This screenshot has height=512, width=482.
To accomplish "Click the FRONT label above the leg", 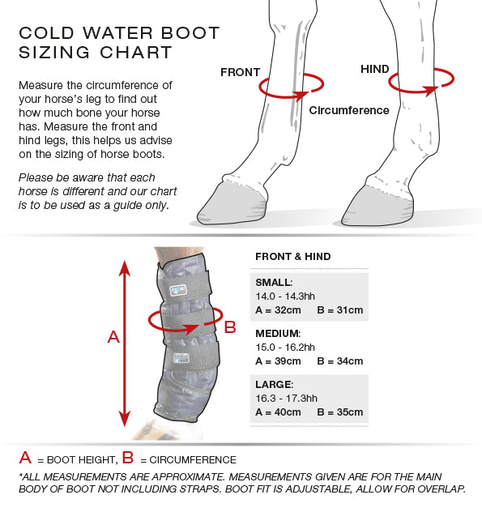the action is [240, 72].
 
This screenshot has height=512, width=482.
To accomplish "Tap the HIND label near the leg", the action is [375, 69].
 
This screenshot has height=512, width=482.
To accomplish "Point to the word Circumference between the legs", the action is [349, 110].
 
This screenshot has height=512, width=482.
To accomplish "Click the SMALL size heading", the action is [274, 283].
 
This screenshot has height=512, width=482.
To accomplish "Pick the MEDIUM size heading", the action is [278, 334].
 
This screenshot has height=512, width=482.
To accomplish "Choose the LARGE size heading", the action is [275, 384].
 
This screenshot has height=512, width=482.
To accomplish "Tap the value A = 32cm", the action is [278, 310].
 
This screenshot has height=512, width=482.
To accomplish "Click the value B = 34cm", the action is [340, 361].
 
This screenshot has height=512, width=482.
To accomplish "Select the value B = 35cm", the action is [340, 412].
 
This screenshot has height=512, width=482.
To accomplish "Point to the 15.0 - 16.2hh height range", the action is [285, 347].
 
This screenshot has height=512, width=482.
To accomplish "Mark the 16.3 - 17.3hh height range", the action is [287, 399].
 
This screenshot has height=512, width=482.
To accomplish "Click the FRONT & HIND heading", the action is [293, 257].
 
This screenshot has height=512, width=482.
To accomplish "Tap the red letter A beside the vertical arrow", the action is [113, 337].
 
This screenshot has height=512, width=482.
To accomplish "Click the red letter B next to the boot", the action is [230, 326].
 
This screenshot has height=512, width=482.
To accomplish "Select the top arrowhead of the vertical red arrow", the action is [125, 268].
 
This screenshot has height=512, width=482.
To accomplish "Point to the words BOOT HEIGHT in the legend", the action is [81, 460].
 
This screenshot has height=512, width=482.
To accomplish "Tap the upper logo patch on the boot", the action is [178, 290].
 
